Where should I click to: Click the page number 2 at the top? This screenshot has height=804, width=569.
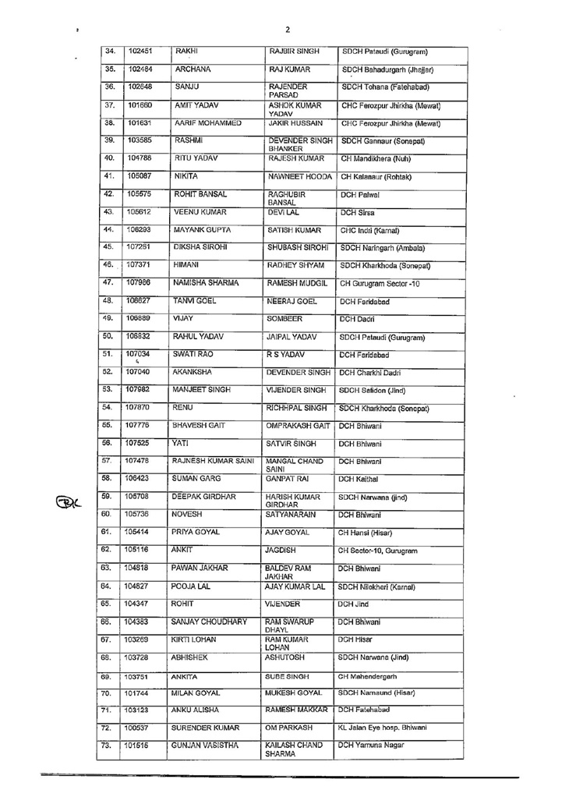pos(288,30)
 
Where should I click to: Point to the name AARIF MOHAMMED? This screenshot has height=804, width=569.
pos(207,122)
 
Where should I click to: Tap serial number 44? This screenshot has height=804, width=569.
pos(109,229)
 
